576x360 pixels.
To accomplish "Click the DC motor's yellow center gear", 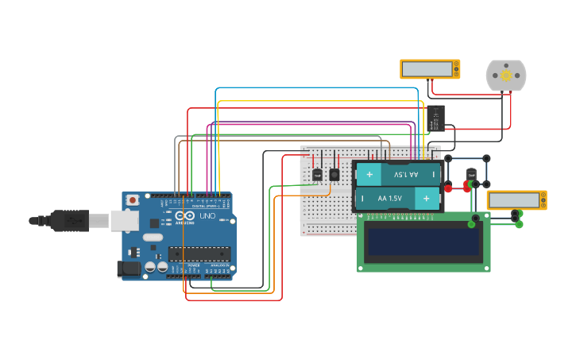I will click(x=505, y=75).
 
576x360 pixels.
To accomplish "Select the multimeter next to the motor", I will click(x=429, y=69).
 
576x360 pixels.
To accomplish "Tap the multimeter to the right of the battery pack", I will click(x=516, y=199).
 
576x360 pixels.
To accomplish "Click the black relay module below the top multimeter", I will click(x=435, y=118).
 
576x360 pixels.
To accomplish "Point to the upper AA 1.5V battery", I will click(x=397, y=174).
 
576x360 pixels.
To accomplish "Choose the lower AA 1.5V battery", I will click(x=397, y=198).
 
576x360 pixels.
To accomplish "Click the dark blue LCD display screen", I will click(x=423, y=242).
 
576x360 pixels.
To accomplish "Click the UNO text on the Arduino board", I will click(x=207, y=216).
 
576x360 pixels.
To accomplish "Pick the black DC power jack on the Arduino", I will click(x=129, y=269).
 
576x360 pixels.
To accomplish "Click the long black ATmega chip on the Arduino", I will click(x=199, y=254).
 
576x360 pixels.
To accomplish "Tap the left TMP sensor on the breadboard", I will click(x=317, y=174).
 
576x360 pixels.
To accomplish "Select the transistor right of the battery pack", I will click(x=471, y=174).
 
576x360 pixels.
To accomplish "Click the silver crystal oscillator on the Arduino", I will click(x=153, y=237).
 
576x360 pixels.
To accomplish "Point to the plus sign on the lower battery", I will click(x=427, y=198).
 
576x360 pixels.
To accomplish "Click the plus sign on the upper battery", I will click(x=369, y=174).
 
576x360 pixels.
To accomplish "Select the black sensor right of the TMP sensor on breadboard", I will click(x=334, y=174).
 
